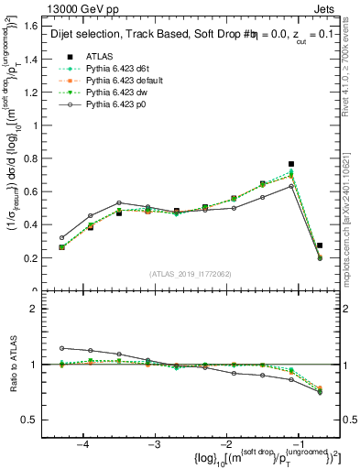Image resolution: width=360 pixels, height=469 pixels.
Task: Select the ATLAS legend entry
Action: point(96,57)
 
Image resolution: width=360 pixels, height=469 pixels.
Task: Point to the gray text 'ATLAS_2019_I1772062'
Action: point(190,274)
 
